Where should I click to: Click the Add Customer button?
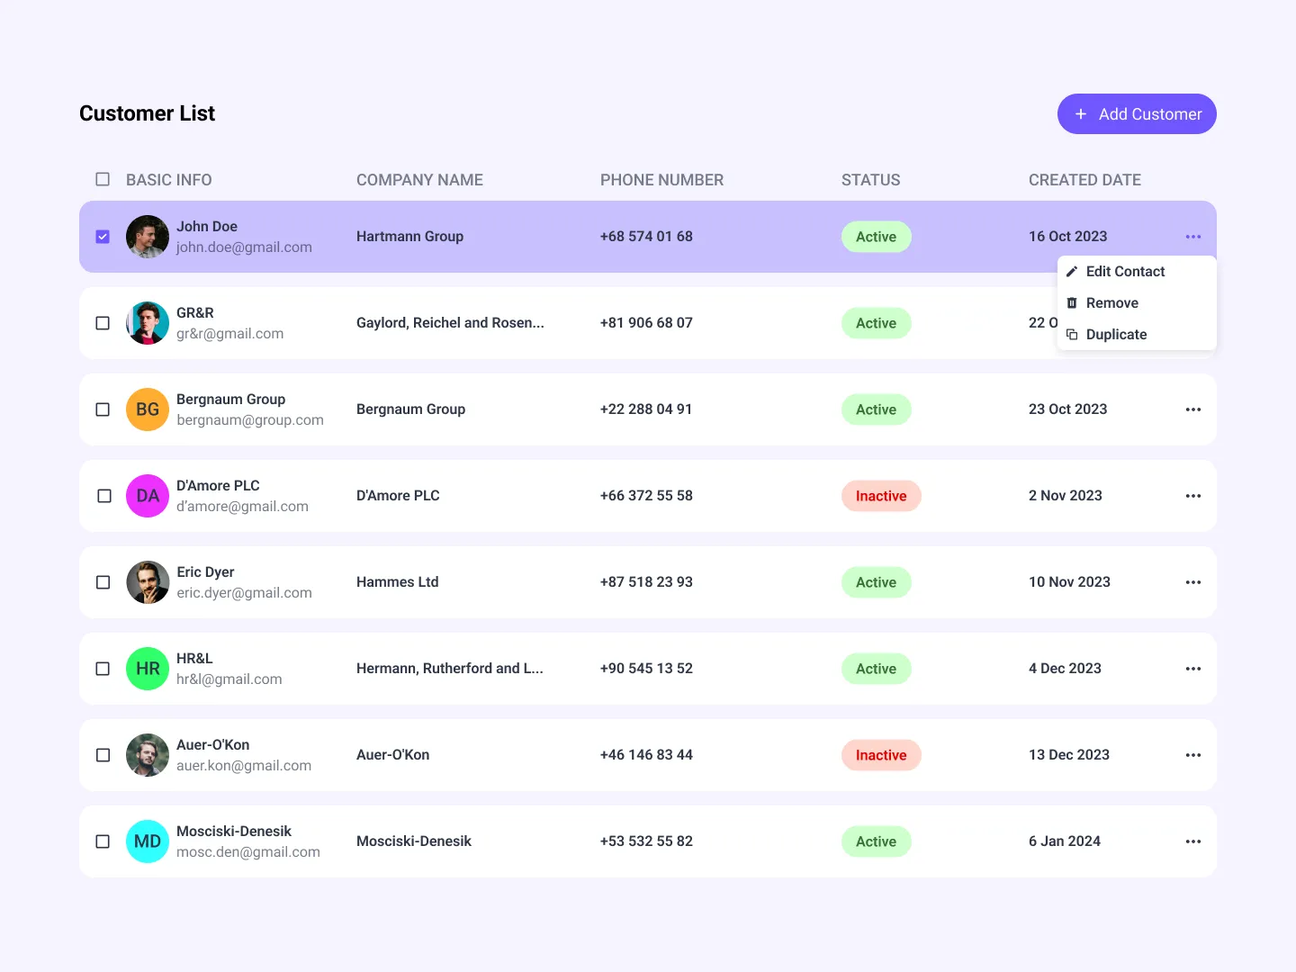coord(1136,114)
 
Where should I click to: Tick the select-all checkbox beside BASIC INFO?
coord(103,179)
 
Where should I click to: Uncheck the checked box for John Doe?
coord(103,237)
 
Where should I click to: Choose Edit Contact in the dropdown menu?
coord(1124,272)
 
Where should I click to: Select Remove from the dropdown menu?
coord(1111,303)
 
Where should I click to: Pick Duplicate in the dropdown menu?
coord(1116,335)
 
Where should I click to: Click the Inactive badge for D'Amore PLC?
coord(880,496)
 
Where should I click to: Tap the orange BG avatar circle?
coord(148,409)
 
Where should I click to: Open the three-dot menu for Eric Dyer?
coord(1192,582)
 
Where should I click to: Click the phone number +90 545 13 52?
coord(646,669)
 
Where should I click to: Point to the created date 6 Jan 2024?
coord(1064,841)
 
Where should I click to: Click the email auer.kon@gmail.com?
coord(244,766)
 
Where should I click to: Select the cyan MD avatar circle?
coord(148,841)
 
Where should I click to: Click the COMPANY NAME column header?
coord(419,180)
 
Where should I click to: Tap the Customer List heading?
coord(148,113)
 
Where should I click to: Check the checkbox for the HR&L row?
coord(103,669)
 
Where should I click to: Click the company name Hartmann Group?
coord(409,237)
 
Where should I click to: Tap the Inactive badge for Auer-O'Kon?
coord(880,755)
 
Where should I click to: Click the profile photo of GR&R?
coord(148,323)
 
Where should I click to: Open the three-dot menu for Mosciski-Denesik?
coord(1192,841)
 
